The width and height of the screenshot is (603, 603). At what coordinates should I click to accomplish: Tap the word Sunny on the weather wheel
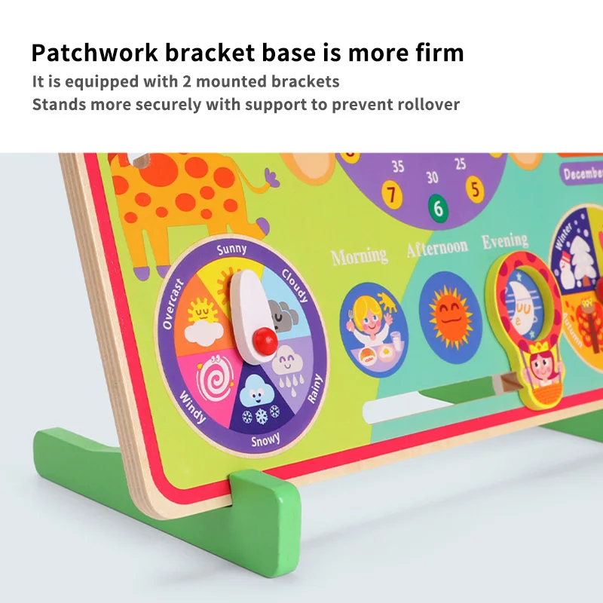pyautogui.click(x=231, y=249)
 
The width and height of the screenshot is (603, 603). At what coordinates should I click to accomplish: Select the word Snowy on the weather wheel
pyautogui.click(x=265, y=440)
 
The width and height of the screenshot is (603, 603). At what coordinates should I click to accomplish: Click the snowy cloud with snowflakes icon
pyautogui.click(x=257, y=399)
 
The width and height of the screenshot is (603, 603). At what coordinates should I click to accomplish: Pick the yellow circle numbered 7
pyautogui.click(x=392, y=194)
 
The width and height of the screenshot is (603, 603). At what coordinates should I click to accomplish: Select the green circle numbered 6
pyautogui.click(x=438, y=207)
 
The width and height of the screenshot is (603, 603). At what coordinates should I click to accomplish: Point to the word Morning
pyautogui.click(x=360, y=256)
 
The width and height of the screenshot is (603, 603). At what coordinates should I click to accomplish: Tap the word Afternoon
pyautogui.click(x=437, y=247)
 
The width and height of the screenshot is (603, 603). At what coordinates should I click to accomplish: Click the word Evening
pyautogui.click(x=505, y=240)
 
